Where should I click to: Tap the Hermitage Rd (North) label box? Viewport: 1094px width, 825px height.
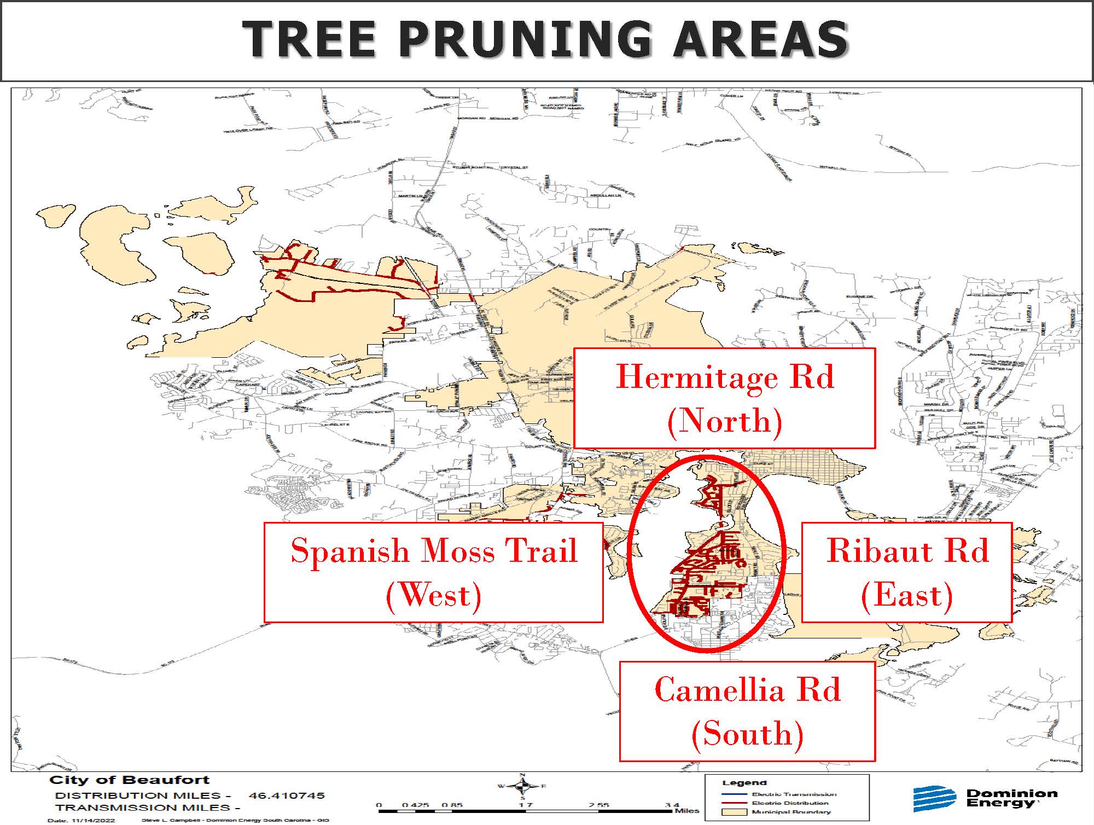[x=724, y=398]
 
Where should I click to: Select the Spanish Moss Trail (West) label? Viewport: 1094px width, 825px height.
[x=433, y=572]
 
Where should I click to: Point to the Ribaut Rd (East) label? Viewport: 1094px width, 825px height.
[x=906, y=572]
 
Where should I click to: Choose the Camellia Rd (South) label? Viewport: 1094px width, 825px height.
[x=747, y=711]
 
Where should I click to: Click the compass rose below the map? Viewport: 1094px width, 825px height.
[x=522, y=787]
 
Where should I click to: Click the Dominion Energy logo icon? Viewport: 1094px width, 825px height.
[x=933, y=799]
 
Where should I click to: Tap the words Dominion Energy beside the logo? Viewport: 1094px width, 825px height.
[x=1011, y=798]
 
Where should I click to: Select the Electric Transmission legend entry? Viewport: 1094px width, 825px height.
[x=793, y=794]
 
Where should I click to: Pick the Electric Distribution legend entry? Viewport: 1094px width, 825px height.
[x=790, y=803]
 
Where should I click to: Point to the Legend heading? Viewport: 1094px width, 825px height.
[x=744, y=783]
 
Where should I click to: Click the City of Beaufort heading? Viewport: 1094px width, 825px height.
[x=130, y=780]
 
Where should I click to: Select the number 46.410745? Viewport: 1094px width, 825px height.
[x=287, y=795]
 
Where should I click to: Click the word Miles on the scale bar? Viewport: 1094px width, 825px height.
[x=686, y=811]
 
